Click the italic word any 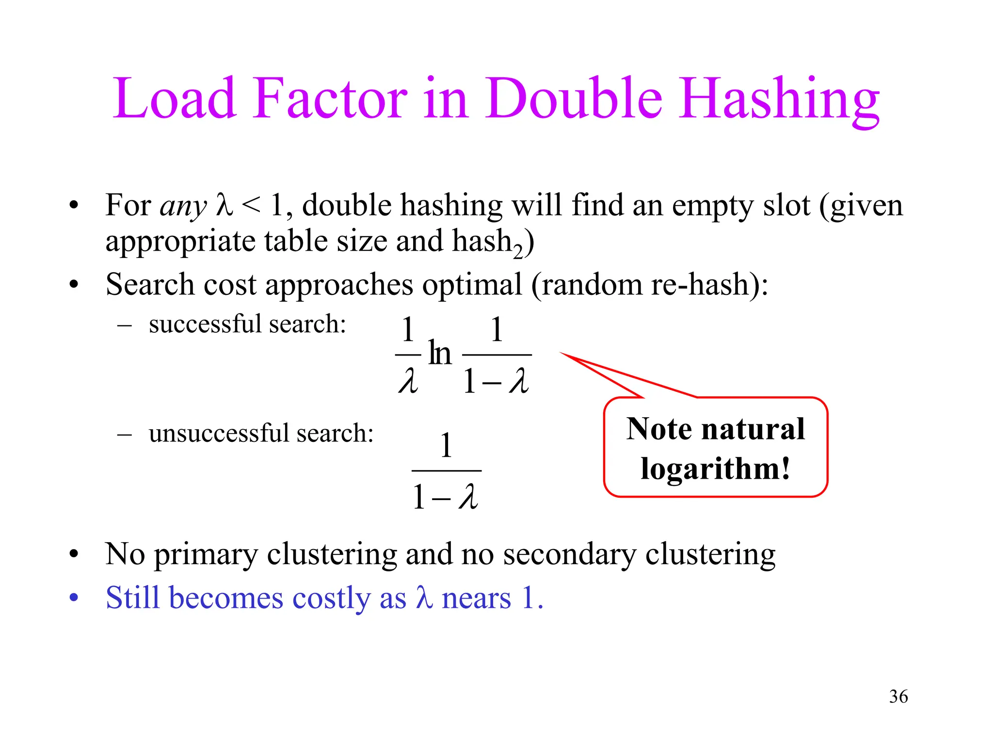coord(183,207)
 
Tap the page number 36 coord(898,696)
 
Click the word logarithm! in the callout coord(715,470)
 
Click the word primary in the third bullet coord(206,554)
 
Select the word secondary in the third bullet coord(569,554)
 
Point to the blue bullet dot coord(74,598)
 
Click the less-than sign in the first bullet coord(251,206)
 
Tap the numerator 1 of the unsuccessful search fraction coord(446,445)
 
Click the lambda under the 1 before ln coord(407,381)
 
